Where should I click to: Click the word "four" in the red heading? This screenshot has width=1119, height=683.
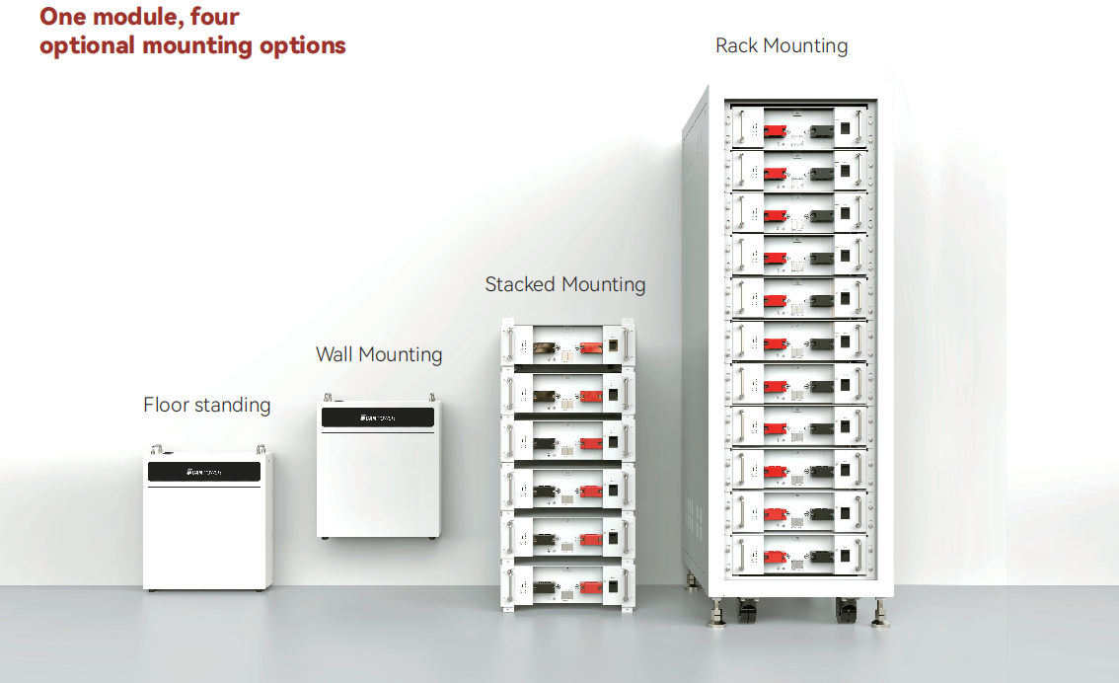point(209,16)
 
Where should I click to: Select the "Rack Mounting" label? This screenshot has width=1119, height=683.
point(781,45)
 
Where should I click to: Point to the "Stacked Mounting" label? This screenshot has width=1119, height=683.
point(564,284)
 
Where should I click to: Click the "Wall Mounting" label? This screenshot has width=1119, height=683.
point(379,354)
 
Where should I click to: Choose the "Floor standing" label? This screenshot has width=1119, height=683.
point(206,405)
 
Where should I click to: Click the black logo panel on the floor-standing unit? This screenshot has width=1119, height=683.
point(204,472)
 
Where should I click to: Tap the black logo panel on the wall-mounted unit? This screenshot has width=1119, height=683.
point(378,417)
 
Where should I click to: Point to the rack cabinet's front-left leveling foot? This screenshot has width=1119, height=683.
point(713,616)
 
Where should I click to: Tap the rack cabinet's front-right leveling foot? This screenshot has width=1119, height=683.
point(879,616)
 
